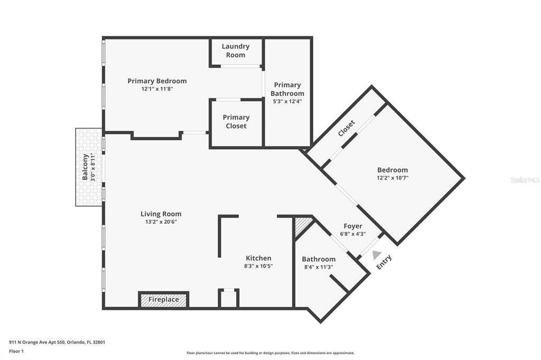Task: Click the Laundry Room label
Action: pyautogui.click(x=236, y=50)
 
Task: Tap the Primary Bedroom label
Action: pyautogui.click(x=157, y=81)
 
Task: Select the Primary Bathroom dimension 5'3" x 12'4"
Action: pyautogui.click(x=287, y=101)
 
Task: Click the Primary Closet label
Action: pyautogui.click(x=236, y=121)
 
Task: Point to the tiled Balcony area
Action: pyautogui.click(x=89, y=167)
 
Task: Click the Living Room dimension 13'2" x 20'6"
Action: pyautogui.click(x=161, y=222)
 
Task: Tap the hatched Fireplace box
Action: pyautogui.click(x=164, y=300)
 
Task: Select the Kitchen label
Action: pyautogui.click(x=258, y=258)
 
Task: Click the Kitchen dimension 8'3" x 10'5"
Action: pyautogui.click(x=258, y=266)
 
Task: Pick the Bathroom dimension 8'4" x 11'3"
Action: pyautogui.click(x=319, y=267)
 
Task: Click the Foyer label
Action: pyautogui.click(x=352, y=226)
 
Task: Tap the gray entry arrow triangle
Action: pyautogui.click(x=376, y=255)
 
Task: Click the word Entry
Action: pyautogui.click(x=384, y=262)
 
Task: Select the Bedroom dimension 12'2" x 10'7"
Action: pyautogui.click(x=393, y=178)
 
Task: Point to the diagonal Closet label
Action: pyautogui.click(x=347, y=128)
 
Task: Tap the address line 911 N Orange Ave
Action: pyautogui.click(x=57, y=343)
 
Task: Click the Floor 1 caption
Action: pyautogui.click(x=16, y=352)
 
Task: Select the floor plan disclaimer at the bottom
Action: pyautogui.click(x=270, y=353)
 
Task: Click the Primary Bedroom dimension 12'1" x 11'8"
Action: pyautogui.click(x=157, y=89)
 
